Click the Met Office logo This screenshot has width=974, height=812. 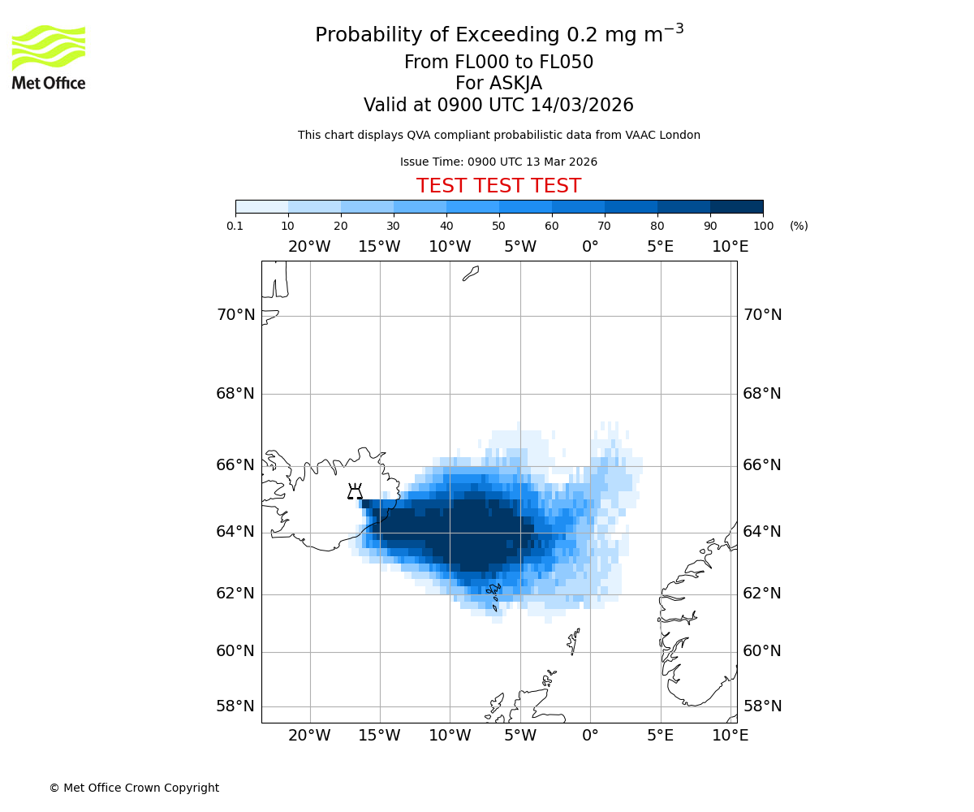tap(49, 57)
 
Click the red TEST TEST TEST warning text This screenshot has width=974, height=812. tap(498, 186)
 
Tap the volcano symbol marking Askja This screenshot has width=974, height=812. tap(355, 491)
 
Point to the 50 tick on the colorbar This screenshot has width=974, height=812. tap(499, 214)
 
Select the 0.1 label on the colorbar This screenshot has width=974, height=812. tap(235, 226)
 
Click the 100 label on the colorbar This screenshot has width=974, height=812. tap(763, 226)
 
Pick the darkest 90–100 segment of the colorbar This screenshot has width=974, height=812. tap(736, 206)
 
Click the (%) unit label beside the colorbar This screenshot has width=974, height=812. tap(799, 226)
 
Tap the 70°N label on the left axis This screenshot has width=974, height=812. tap(235, 315)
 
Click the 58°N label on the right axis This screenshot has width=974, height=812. tap(762, 706)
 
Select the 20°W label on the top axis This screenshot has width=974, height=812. tap(309, 247)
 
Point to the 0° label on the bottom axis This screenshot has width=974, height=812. tap(590, 736)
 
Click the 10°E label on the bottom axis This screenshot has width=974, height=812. tap(730, 736)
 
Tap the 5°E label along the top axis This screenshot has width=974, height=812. tap(661, 247)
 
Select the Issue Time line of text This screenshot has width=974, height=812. tap(498, 162)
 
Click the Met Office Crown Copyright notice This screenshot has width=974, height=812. tap(134, 788)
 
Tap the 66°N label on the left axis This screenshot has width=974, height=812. tap(235, 465)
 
